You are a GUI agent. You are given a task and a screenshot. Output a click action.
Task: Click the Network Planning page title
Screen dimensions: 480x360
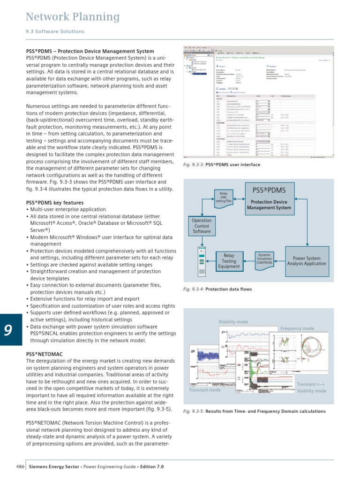72,17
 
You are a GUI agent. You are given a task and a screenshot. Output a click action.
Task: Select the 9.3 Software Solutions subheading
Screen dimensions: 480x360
55,31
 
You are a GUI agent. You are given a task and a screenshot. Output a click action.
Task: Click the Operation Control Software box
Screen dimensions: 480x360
202,226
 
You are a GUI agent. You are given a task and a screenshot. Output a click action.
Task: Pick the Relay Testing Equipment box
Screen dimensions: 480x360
229,261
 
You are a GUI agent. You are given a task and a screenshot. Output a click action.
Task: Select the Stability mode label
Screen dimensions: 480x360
233,322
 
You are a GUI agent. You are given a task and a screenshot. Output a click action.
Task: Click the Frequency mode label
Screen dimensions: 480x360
297,328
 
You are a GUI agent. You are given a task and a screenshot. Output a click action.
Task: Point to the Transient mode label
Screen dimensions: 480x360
204,390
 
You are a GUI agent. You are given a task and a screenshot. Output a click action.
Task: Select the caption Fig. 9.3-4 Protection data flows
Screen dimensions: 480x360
217,289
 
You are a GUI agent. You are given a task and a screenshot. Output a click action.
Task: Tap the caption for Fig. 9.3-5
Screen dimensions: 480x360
254,411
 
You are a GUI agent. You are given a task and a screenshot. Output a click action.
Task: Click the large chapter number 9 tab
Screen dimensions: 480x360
8,331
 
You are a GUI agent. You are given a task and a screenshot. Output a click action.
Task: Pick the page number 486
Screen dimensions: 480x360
20,467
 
